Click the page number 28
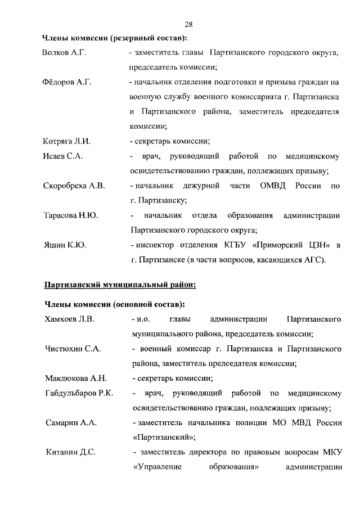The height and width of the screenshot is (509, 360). pyautogui.click(x=188, y=24)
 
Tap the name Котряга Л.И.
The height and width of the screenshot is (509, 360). pyautogui.click(x=66, y=141)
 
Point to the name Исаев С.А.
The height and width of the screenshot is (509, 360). pyautogui.click(x=62, y=156)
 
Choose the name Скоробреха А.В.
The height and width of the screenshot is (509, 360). pyautogui.click(x=74, y=186)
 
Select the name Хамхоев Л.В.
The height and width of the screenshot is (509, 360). pyautogui.click(x=69, y=319)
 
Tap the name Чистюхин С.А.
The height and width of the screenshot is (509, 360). pyautogui.click(x=73, y=349)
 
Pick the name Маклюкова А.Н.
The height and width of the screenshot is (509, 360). pyautogui.click(x=75, y=378)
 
